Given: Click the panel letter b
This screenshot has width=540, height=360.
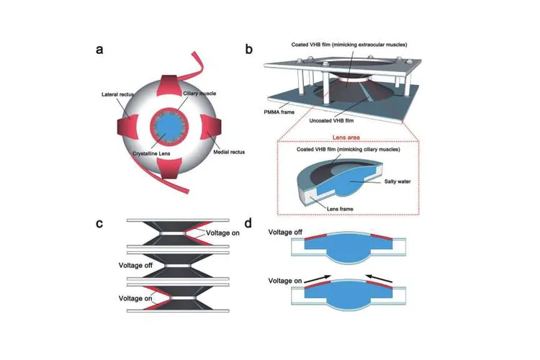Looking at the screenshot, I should [249, 50].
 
